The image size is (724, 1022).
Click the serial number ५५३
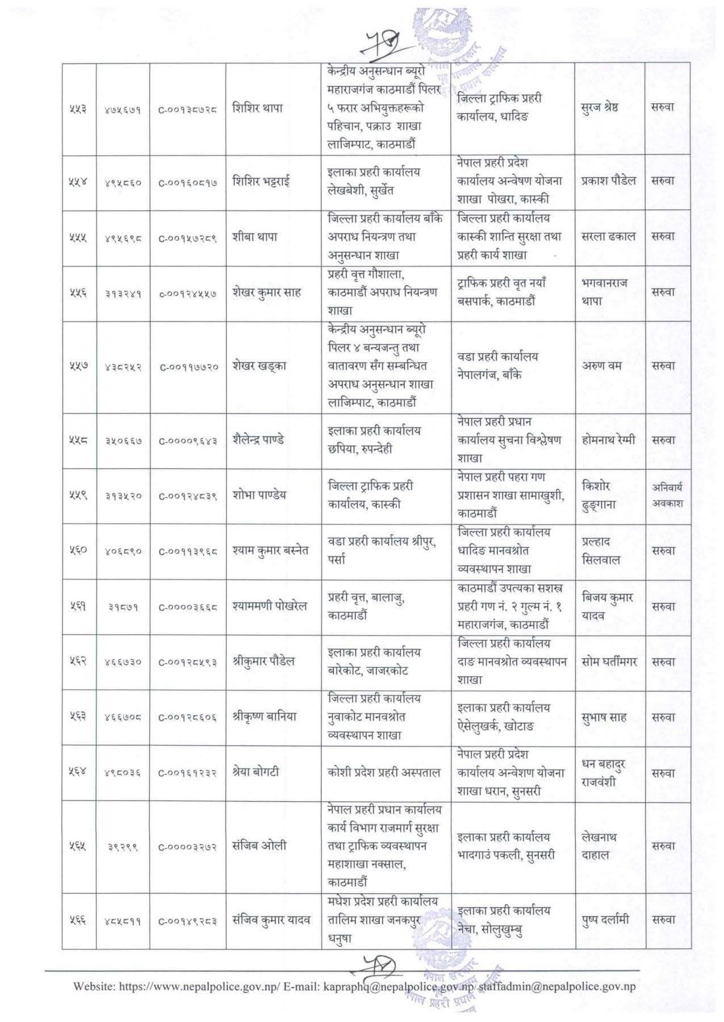coord(78,108)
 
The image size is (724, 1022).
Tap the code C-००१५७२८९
coord(187,238)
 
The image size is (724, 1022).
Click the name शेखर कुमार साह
coord(266,293)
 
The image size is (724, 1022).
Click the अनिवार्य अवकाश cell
coord(667,495)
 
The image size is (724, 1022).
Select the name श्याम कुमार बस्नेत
coord(271,550)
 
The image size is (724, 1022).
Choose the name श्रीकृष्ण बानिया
coord(263,717)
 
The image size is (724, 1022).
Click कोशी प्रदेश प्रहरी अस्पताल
coord(384,773)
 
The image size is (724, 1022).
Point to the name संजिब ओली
coord(260,846)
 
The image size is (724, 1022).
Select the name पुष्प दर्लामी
coord(605,920)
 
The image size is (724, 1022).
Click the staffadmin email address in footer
coord(556,987)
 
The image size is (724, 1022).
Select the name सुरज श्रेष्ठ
coord(602,108)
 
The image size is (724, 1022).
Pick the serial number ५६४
coord(78,773)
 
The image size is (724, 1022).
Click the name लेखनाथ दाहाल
coord(600,846)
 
